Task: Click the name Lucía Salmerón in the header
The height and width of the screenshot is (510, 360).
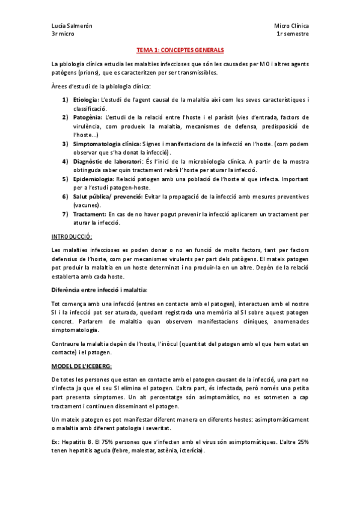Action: point(72,26)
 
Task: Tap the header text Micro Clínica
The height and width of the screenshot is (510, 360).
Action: point(291,26)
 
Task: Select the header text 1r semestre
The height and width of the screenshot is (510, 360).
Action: point(293,34)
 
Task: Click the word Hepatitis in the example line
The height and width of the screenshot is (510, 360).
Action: point(75,442)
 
